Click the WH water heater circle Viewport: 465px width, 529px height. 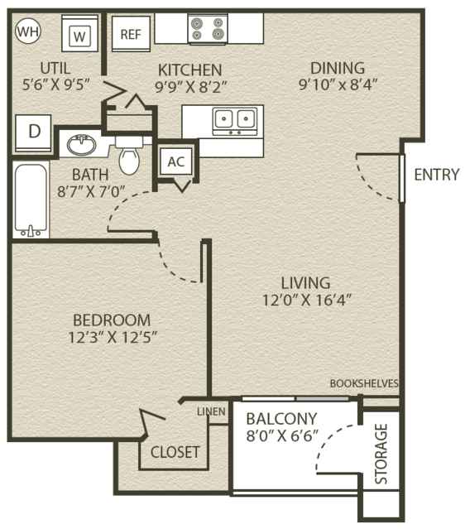click(x=28, y=31)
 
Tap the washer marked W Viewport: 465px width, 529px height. click(x=79, y=33)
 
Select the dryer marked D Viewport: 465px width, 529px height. click(x=33, y=133)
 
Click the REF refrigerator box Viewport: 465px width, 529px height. click(x=131, y=34)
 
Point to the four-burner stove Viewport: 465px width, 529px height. click(x=208, y=29)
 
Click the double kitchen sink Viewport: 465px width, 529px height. click(x=235, y=122)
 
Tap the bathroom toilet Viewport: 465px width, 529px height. click(x=129, y=156)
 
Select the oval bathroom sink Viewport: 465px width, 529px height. click(x=81, y=145)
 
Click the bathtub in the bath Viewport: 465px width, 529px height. click(x=31, y=200)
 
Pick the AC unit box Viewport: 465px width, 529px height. click(x=176, y=161)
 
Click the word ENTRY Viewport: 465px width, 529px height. click(x=437, y=175)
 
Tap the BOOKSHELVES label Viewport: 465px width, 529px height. click(x=364, y=383)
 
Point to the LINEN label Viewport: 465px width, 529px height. click(x=212, y=411)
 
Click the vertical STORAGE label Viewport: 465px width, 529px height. click(x=381, y=454)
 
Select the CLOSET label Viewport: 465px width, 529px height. click(x=175, y=452)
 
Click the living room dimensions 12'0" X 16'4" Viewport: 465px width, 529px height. click(x=307, y=300)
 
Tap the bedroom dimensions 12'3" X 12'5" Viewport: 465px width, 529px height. click(x=113, y=337)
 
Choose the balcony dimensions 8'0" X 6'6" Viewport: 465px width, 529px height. click(x=282, y=435)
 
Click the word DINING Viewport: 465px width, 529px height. click(x=338, y=68)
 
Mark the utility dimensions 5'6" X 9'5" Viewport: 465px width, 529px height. click(x=56, y=84)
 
